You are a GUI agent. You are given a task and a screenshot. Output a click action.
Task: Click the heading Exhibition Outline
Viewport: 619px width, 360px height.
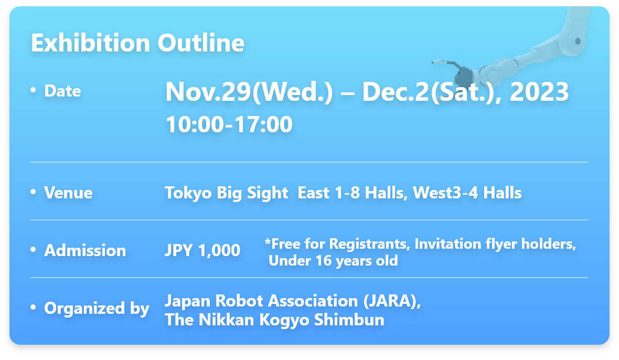[138, 43]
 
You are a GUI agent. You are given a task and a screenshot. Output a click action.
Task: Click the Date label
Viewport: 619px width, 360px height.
[63, 91]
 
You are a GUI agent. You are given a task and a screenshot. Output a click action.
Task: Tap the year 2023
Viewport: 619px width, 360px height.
[539, 92]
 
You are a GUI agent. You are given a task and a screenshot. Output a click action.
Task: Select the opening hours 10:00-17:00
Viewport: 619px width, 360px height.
[229, 124]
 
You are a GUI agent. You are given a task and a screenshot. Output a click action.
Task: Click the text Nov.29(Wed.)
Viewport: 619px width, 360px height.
[249, 92]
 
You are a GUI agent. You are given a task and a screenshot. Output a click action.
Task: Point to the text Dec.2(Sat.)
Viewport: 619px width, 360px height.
[428, 92]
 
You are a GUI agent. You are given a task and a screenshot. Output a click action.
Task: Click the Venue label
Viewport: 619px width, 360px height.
[68, 193]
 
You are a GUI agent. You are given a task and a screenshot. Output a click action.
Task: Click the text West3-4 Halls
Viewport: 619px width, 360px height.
[467, 193]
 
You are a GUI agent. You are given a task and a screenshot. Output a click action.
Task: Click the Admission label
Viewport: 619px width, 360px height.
[85, 251]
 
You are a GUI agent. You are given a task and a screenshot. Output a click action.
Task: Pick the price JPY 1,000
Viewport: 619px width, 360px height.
[202, 251]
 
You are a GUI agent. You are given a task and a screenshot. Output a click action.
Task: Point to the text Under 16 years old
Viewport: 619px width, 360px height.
[333, 261]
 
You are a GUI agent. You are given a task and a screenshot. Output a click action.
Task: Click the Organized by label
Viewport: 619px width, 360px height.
[97, 309]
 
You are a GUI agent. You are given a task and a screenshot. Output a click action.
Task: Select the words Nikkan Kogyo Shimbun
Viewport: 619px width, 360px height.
[291, 320]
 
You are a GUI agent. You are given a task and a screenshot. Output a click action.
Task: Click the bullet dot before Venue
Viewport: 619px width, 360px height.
[33, 192]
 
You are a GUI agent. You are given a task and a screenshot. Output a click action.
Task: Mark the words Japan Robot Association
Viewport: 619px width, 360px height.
[261, 301]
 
